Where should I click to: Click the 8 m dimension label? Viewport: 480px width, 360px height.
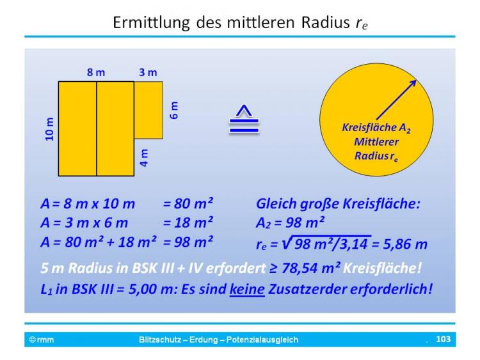coord(96,72)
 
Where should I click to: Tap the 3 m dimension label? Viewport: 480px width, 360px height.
coord(148,72)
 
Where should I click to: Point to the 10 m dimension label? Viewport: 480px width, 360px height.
coord(49,129)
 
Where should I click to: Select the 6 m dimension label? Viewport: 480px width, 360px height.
coord(173,110)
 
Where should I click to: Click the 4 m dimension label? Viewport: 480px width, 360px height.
coord(144,158)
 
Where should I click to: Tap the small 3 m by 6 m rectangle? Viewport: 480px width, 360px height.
coord(148,110)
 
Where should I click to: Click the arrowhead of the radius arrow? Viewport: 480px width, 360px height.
coord(413,83)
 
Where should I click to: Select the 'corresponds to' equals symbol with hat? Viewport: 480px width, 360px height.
coord(244,120)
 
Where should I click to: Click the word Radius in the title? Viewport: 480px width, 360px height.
coord(325,22)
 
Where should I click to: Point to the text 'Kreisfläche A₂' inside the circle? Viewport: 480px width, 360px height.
coord(376,127)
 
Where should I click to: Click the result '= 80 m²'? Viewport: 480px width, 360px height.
coord(188,203)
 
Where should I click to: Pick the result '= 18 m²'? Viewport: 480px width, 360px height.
coord(188,223)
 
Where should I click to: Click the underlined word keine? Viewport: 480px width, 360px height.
coord(247,289)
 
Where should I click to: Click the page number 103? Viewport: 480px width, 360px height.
coord(443,339)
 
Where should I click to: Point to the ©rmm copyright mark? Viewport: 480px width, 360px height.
coord(42,340)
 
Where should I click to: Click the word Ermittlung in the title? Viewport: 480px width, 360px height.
coord(151,22)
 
